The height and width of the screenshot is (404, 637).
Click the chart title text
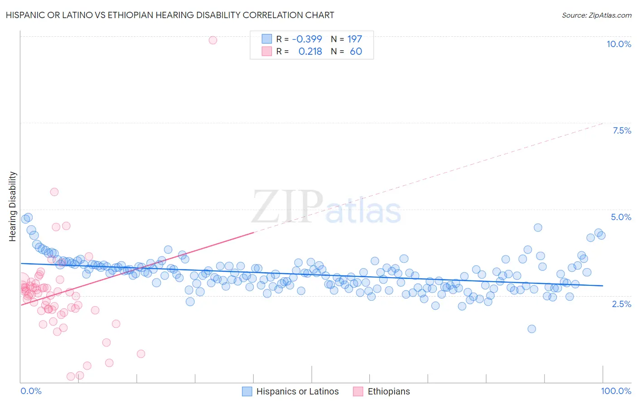pyautogui.click(x=170, y=15)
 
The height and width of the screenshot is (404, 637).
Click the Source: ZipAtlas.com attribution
pyautogui.click(x=596, y=15)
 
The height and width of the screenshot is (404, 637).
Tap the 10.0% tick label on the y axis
pyautogui.click(x=618, y=44)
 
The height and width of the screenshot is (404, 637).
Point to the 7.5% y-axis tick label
pyautogui.click(x=622, y=130)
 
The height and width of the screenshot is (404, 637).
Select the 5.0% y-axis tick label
pyautogui.click(x=621, y=217)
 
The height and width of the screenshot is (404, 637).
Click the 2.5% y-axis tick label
pyautogui.click(x=621, y=304)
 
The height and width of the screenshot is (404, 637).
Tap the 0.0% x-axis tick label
pyautogui.click(x=31, y=391)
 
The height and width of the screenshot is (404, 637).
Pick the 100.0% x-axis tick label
pyautogui.click(x=616, y=391)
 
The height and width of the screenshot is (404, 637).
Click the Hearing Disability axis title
pyautogui.click(x=13, y=206)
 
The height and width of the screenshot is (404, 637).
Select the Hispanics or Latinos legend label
pyautogui.click(x=297, y=391)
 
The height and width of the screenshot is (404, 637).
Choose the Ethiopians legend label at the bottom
pyautogui.click(x=388, y=391)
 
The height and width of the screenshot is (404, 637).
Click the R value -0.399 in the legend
pyautogui.click(x=307, y=39)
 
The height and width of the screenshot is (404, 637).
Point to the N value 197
pyautogui.click(x=354, y=39)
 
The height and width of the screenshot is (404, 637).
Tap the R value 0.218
pyautogui.click(x=310, y=51)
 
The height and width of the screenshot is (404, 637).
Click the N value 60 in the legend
pyautogui.click(x=356, y=51)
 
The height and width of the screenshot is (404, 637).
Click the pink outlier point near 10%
pyautogui.click(x=213, y=40)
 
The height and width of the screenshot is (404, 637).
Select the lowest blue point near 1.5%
pyautogui.click(x=532, y=329)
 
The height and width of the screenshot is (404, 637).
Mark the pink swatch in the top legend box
pyautogui.click(x=267, y=51)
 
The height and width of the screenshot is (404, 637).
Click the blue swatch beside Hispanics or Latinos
pyautogui.click(x=247, y=391)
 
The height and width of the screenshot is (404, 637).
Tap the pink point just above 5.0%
pyautogui.click(x=54, y=192)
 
